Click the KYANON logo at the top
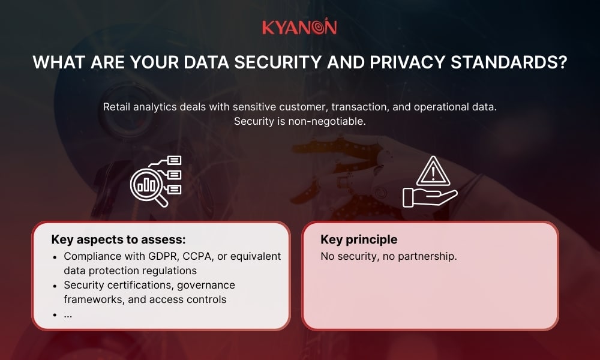point(299,27)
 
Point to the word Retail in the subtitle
point(118,107)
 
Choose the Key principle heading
point(359,240)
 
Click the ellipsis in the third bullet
point(68,314)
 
